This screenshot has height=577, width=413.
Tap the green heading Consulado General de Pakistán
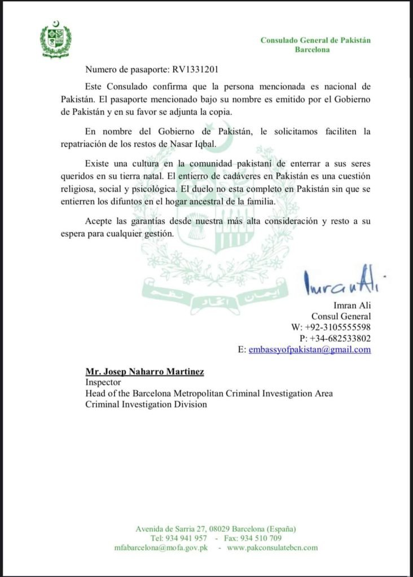point(315,40)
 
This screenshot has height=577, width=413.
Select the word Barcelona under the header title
point(313,49)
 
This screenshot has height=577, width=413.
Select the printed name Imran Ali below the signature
point(353,305)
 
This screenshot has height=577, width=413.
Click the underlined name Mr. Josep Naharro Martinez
point(144,372)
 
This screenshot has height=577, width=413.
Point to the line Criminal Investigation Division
point(146,404)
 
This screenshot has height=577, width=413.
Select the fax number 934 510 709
point(261,538)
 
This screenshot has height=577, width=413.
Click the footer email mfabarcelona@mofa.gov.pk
point(161,547)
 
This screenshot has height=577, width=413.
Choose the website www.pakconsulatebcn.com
point(273,547)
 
